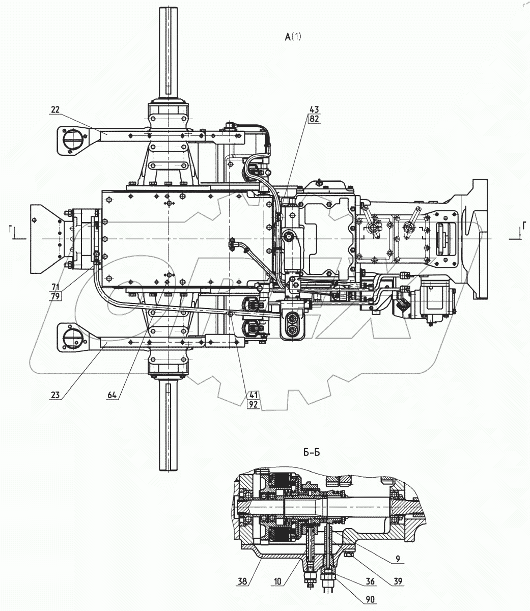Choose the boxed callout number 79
pos(56,297)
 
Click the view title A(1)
pos(294,36)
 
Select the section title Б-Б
pos(312,452)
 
